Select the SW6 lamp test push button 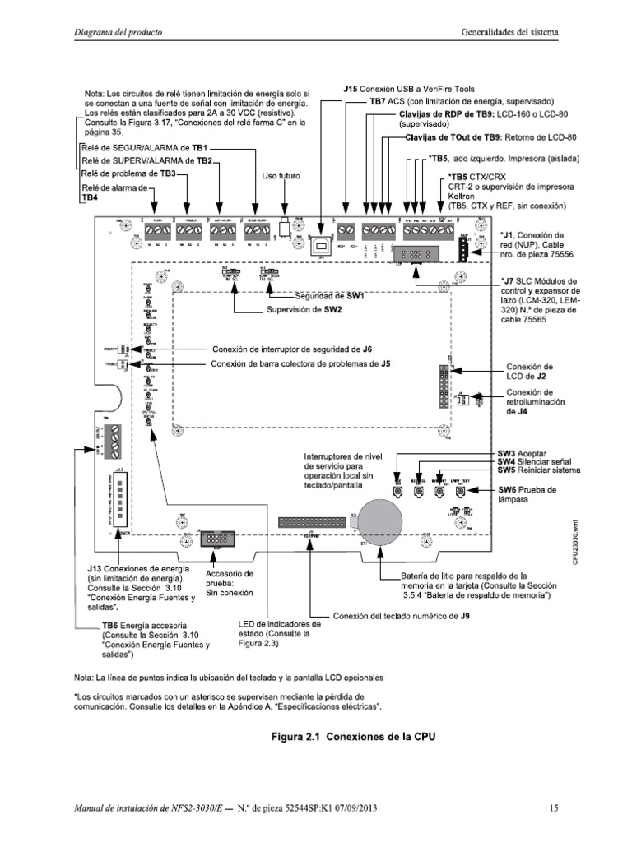tap(462, 492)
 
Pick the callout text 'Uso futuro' tap(281, 176)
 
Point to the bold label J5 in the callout tap(385, 363)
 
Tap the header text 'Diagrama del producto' tap(118, 32)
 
